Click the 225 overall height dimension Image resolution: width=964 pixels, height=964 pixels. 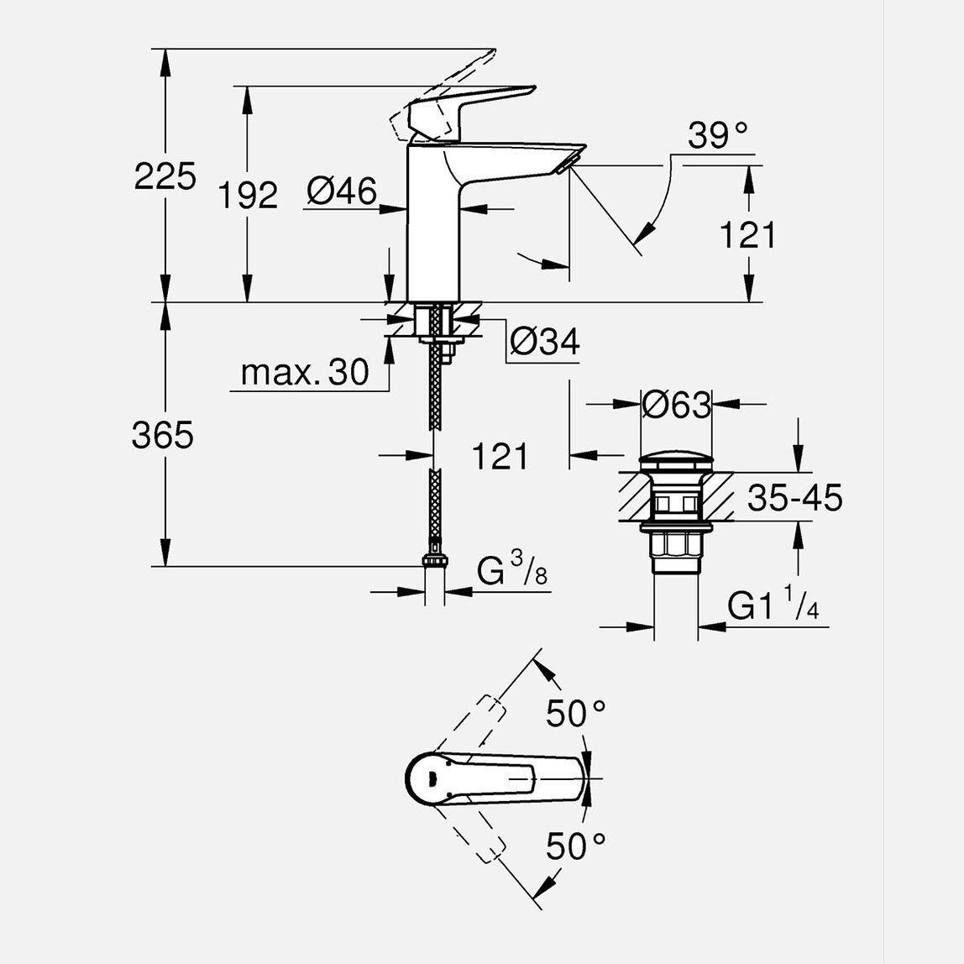click(x=165, y=176)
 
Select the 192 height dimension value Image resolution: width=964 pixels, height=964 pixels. click(x=248, y=196)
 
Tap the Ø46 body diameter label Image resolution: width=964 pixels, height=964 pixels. click(x=341, y=191)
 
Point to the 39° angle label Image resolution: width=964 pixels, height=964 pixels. click(x=717, y=135)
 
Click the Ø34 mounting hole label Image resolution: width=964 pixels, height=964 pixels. click(x=545, y=341)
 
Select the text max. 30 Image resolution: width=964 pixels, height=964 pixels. click(x=304, y=372)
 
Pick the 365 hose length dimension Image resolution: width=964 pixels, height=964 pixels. click(x=163, y=436)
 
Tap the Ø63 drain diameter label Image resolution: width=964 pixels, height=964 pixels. click(x=676, y=406)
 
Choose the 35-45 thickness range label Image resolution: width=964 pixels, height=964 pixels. click(x=794, y=498)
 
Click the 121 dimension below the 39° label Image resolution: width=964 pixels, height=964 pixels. click(x=747, y=236)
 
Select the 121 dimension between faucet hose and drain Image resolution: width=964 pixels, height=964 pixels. click(x=500, y=457)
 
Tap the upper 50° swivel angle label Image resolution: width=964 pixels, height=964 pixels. click(x=576, y=714)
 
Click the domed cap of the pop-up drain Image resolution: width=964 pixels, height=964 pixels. click(x=676, y=463)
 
